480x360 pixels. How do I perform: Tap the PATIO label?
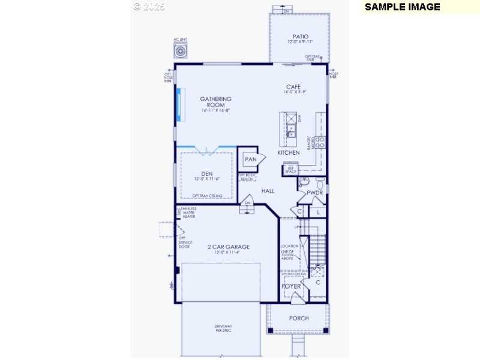click(x=300, y=36)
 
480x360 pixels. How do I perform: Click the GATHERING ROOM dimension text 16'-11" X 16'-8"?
click(x=215, y=111)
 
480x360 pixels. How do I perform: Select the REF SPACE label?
click(x=290, y=170)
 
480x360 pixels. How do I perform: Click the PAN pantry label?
click(x=250, y=160)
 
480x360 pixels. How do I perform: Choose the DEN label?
click(x=207, y=173)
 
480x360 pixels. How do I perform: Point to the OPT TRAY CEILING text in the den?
click(x=208, y=196)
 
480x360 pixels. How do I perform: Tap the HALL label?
click(x=268, y=191)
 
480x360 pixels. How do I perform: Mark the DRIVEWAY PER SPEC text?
click(x=223, y=328)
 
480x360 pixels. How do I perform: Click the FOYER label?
click(x=292, y=286)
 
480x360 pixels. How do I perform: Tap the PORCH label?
click(x=298, y=318)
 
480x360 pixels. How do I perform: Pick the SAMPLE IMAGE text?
click(x=402, y=7)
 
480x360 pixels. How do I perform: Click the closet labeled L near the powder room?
click(x=318, y=212)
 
